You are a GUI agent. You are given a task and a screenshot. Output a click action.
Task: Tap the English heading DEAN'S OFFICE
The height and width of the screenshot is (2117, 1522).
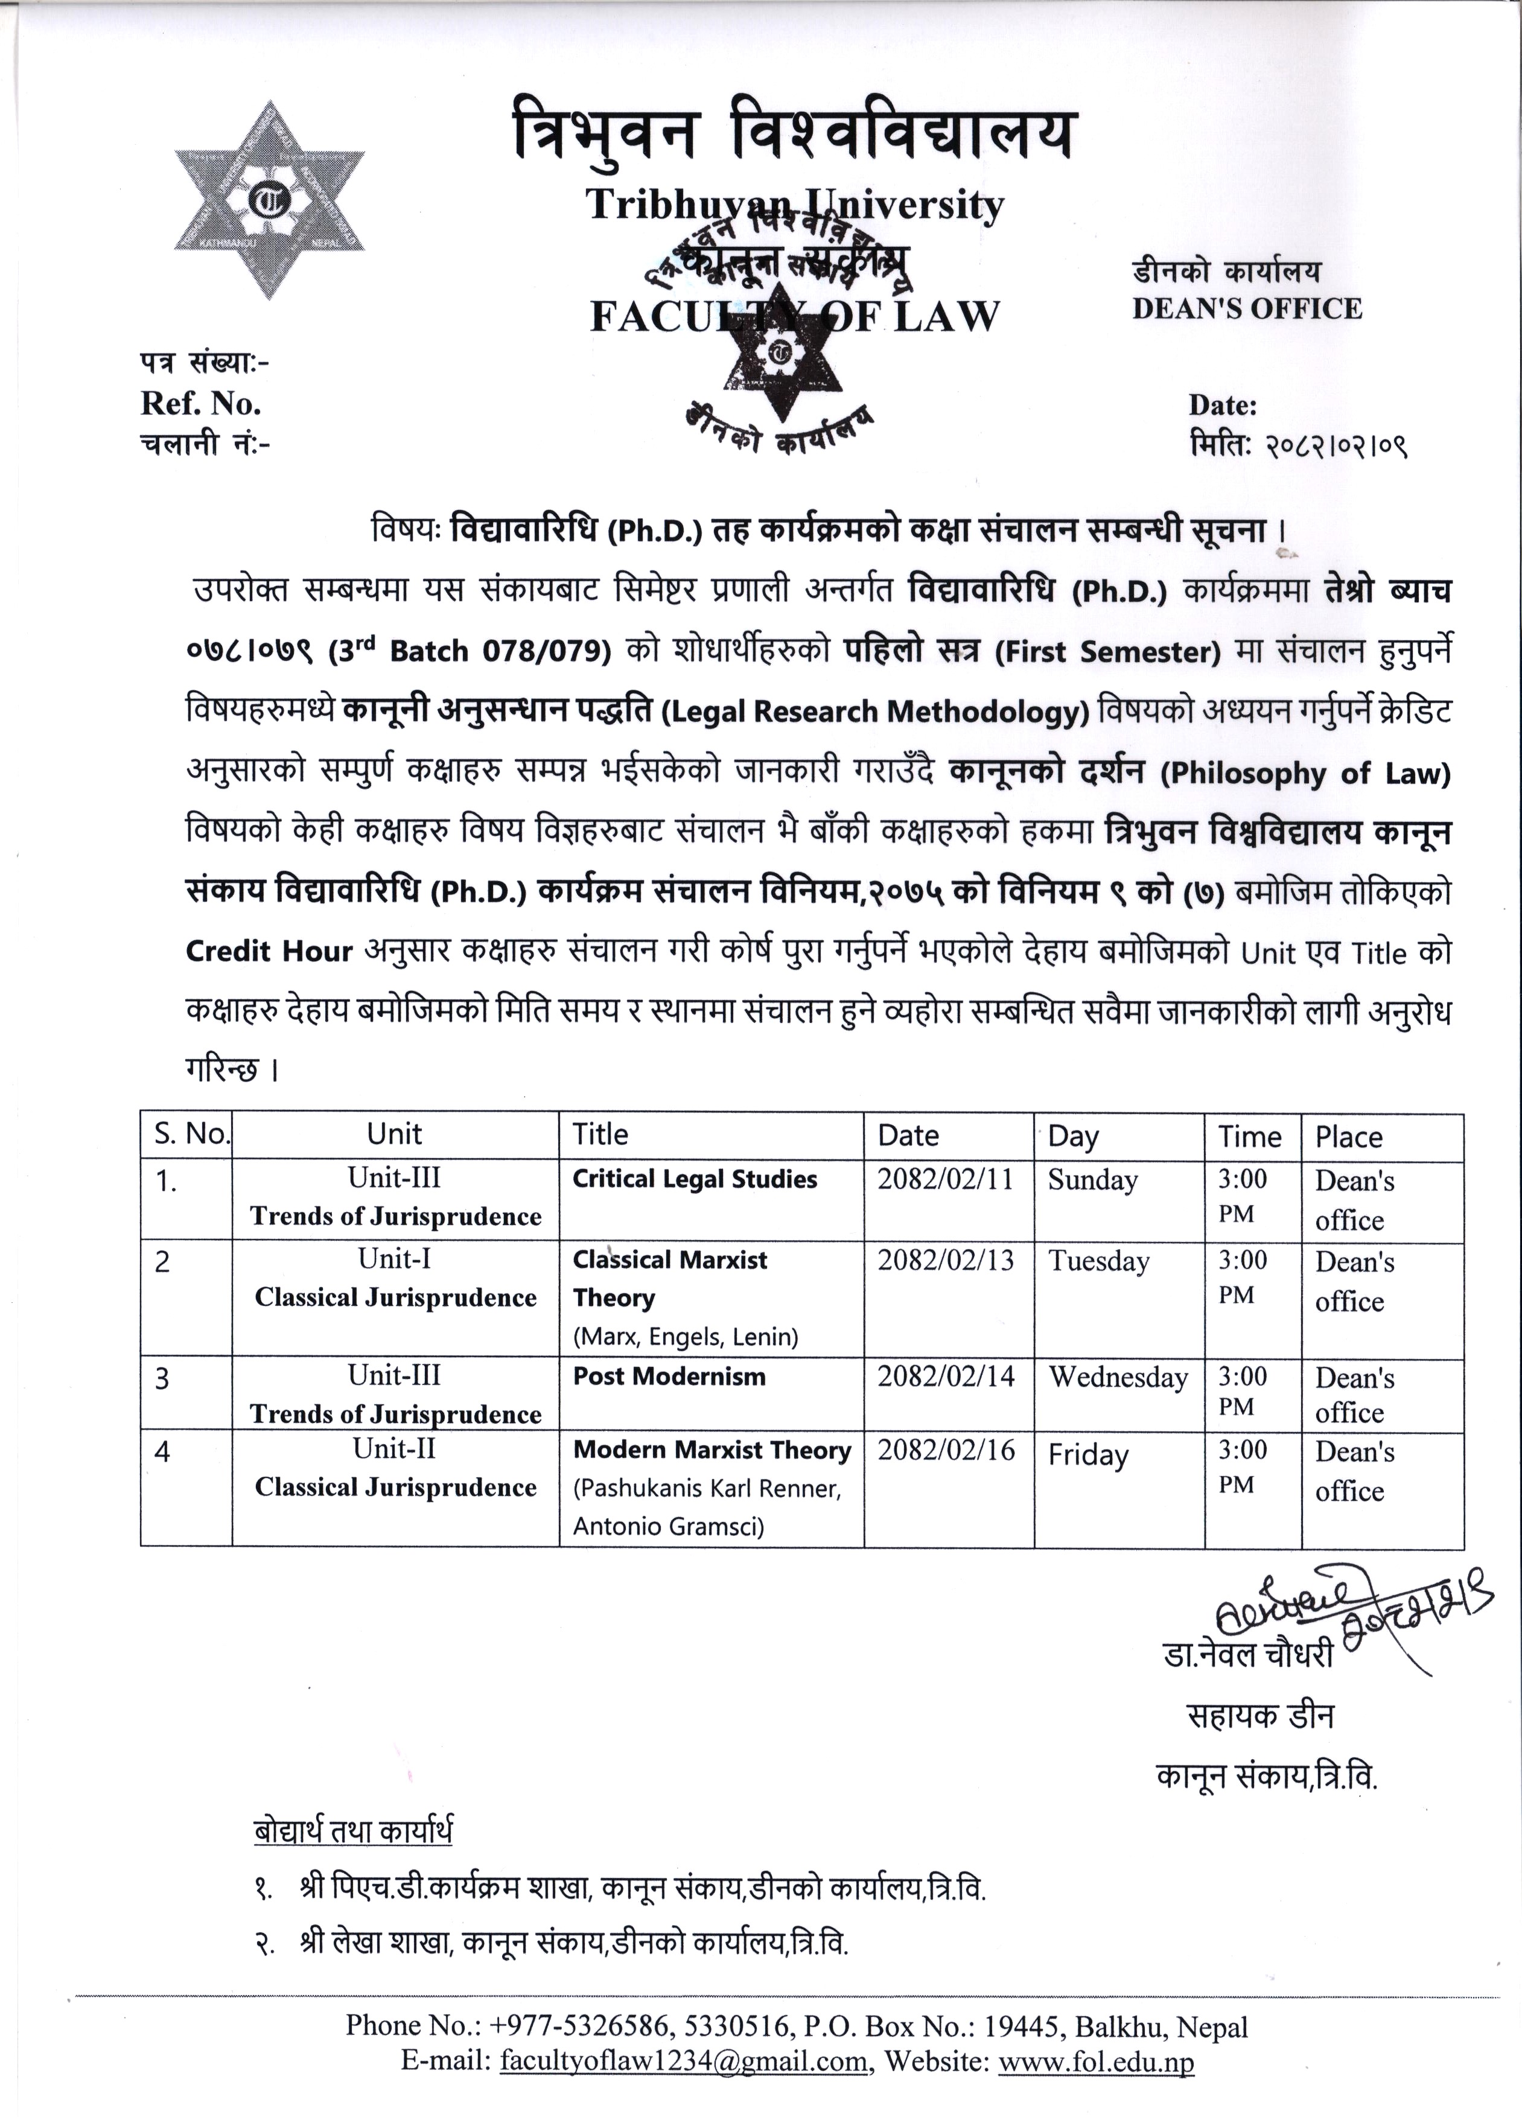pos(1247,309)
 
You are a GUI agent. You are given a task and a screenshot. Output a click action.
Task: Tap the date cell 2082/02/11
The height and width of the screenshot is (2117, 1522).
pos(944,1179)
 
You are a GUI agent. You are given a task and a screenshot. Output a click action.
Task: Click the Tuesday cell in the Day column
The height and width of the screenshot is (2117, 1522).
pos(1098,1261)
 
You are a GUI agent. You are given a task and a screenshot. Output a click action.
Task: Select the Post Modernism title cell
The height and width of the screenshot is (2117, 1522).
pos(669,1376)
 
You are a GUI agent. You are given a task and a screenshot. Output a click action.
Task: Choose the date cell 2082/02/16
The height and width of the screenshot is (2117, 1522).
pos(945,1450)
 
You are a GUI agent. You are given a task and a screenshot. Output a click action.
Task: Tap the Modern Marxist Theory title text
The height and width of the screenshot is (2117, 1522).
pos(712,1450)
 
